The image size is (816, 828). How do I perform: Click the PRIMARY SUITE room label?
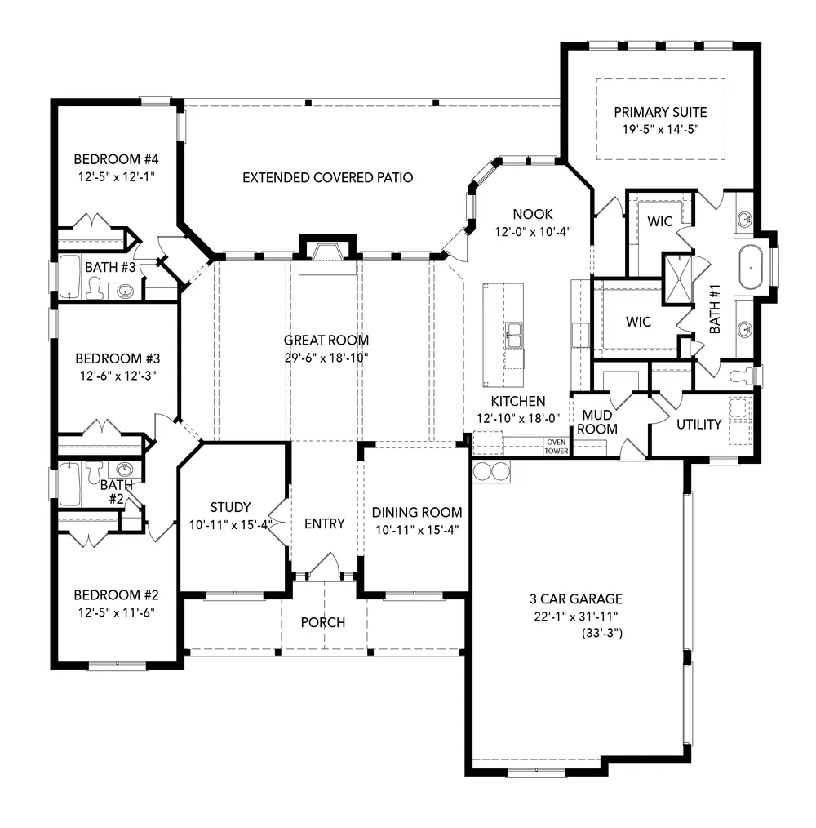pos(660,112)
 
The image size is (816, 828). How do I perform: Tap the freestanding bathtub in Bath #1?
pos(750,267)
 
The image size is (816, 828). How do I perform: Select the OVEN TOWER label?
pos(557,446)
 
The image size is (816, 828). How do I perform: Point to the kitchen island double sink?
pos(513,336)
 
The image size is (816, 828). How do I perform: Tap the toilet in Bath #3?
pos(95,288)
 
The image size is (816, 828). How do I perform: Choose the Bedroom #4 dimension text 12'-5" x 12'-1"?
pos(116,176)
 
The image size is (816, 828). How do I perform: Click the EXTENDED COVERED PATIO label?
pos(327,177)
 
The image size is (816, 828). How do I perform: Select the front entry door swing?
pos(325,566)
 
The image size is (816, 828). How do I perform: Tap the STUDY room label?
pos(230,507)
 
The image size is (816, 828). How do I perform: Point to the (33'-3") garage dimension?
pos(602,633)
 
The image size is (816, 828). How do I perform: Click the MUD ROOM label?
pos(597,422)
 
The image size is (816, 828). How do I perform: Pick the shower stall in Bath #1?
pos(678,279)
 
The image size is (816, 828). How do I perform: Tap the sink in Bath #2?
pos(125,469)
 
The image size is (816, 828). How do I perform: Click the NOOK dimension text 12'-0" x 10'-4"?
pos(533,231)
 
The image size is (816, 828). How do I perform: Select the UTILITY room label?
pos(698,424)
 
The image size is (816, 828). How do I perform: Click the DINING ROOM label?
pos(417,512)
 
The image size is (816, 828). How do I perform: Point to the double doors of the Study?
pos(278,523)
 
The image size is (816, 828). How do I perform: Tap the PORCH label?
pos(323,622)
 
